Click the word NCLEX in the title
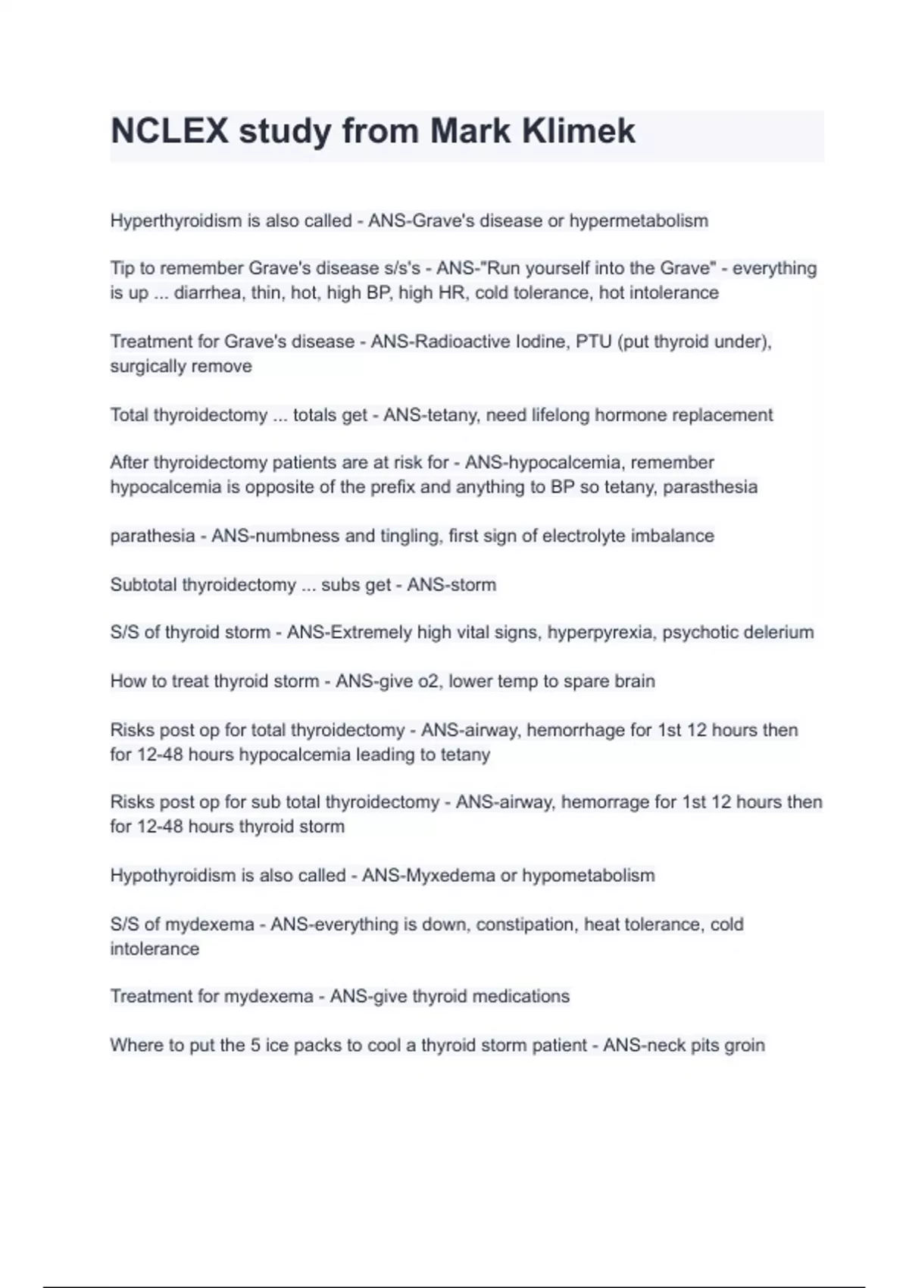click(169, 131)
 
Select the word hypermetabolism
click(639, 221)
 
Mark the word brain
click(635, 681)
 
